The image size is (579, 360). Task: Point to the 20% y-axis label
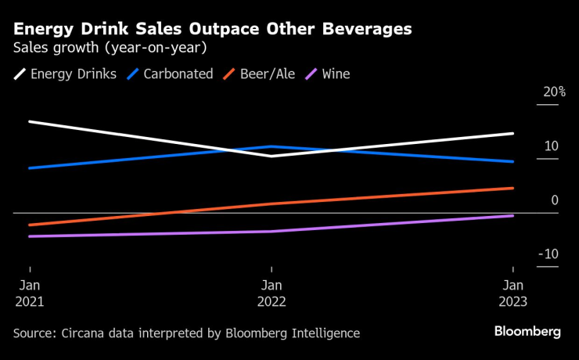point(555,92)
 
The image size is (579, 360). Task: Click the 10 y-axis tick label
point(552,146)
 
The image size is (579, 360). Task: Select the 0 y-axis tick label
point(555,200)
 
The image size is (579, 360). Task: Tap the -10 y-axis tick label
point(549,254)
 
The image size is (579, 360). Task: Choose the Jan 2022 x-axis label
point(272,293)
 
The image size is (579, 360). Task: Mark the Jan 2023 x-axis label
point(513,293)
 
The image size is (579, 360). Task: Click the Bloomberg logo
point(527,332)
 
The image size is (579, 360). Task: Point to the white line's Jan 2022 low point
point(272,156)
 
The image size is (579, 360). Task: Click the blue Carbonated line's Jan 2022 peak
point(272,146)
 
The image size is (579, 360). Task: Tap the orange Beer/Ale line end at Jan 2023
point(513,188)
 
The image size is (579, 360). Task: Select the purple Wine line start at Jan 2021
point(29,236)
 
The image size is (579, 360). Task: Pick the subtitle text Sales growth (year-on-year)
point(110,48)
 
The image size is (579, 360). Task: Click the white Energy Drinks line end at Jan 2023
point(513,134)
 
